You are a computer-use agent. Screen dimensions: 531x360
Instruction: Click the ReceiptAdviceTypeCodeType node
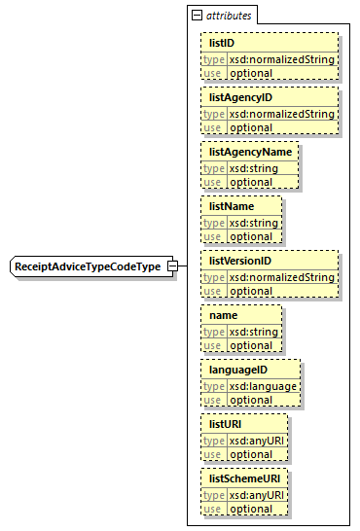(x=87, y=266)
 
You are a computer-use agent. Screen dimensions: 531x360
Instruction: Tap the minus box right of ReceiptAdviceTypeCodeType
(x=171, y=266)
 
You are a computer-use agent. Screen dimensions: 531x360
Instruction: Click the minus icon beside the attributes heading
(x=197, y=16)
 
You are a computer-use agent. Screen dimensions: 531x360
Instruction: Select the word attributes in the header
(x=229, y=16)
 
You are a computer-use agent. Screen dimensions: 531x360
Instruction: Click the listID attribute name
(x=222, y=43)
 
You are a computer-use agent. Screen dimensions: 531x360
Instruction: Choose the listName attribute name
(x=231, y=206)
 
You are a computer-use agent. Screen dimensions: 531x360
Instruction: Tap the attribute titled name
(x=223, y=315)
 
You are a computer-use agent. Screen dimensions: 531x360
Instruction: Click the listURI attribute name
(x=226, y=424)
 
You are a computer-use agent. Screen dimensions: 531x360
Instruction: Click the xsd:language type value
(x=264, y=386)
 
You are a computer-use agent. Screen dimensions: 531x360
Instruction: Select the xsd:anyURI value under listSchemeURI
(x=258, y=495)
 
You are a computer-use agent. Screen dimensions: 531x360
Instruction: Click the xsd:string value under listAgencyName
(x=254, y=168)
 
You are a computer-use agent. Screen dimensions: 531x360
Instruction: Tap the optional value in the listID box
(x=251, y=73)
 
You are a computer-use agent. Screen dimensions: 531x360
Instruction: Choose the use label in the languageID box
(x=213, y=400)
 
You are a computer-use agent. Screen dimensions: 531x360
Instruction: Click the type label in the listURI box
(x=213, y=441)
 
